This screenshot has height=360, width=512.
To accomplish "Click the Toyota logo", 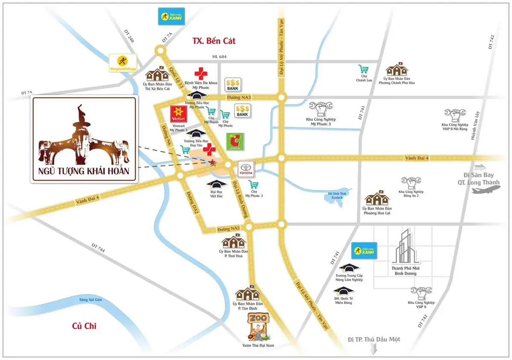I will coord(246,169).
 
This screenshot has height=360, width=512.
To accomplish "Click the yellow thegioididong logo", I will coord(123,62).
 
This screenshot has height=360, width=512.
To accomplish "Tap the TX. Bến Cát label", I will coord(214,41).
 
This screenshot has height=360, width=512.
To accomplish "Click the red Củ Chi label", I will coord(84,326).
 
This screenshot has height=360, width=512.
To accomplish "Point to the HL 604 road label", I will coord(218,57).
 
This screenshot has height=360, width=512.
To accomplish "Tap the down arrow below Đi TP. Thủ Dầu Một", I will coord(374,349).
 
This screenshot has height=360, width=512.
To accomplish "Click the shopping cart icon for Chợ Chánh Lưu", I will coord(364,69).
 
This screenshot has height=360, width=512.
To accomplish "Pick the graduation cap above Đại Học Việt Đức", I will coord(217,184).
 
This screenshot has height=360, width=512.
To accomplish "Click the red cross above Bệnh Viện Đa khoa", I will coord(201,73).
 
